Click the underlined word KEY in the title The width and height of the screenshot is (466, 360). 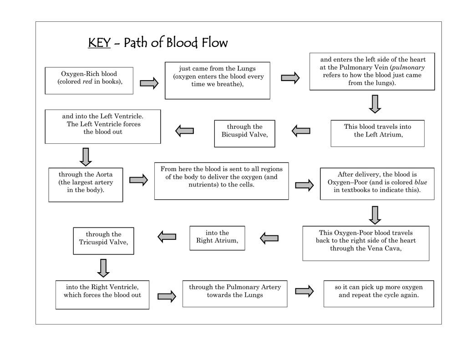tap(99, 43)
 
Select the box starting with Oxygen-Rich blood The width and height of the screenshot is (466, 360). tap(89, 81)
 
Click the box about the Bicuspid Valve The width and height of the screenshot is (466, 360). tap(244, 133)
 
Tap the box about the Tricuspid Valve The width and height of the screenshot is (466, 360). tap(103, 240)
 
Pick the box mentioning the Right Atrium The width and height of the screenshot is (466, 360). tap(217, 238)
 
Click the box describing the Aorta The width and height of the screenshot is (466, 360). tap(86, 185)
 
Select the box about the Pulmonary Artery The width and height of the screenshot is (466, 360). tap(235, 294)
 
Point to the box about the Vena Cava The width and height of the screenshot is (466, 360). tap(365, 243)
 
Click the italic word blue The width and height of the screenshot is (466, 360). tap(420, 182)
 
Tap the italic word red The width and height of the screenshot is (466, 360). tap(87, 81)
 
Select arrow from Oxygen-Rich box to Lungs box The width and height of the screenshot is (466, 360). tap(149, 83)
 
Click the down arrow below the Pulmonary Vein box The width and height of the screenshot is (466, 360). tap(375, 104)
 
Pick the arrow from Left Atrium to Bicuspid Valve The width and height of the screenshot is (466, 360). tap(301, 131)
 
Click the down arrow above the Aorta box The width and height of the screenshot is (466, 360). tap(85, 157)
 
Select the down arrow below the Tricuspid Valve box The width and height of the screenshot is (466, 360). tap(103, 268)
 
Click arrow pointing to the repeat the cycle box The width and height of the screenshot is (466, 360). tap(304, 291)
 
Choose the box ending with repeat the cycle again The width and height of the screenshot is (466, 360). tap(378, 294)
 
